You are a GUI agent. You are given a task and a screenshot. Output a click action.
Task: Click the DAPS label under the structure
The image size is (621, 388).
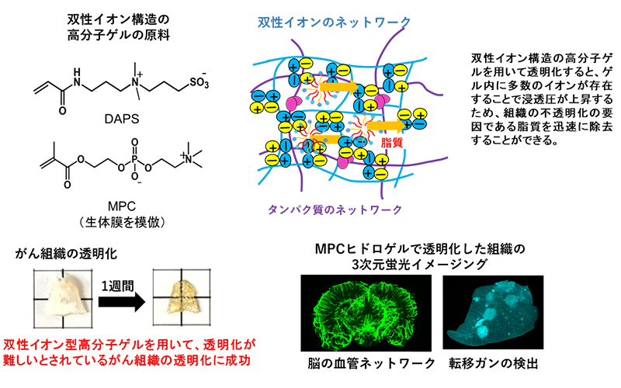click(122, 119)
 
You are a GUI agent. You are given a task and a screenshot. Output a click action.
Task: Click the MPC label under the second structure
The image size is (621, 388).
click(122, 206)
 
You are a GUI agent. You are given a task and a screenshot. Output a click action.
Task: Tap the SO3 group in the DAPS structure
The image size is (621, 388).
click(199, 82)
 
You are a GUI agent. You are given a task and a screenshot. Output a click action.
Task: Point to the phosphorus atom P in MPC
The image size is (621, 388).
click(134, 159)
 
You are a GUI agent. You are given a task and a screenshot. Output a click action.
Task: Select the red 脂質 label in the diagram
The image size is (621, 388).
click(391, 143)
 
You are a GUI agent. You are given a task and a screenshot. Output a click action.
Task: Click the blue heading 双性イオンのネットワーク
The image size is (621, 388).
click(335, 23)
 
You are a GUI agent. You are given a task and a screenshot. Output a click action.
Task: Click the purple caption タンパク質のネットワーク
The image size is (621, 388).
click(335, 210)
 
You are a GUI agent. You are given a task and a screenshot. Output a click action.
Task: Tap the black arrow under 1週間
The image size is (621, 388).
click(122, 302)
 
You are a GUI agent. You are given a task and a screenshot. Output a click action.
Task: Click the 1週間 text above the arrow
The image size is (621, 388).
click(118, 285)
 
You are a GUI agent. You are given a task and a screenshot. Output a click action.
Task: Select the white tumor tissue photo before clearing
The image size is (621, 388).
click(63, 299)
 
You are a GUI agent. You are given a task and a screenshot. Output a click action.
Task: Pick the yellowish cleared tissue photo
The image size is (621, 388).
click(182, 298)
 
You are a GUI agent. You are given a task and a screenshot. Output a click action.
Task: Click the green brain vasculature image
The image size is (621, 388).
click(366, 314)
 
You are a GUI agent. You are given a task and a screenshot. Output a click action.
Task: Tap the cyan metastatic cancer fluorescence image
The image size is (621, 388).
click(493, 313)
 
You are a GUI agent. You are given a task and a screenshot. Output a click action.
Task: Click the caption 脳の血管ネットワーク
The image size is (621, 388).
click(372, 363)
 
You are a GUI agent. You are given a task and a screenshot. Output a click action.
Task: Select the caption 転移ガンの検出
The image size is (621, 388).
click(494, 363)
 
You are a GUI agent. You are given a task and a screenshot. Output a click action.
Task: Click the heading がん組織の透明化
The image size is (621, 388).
click(66, 254)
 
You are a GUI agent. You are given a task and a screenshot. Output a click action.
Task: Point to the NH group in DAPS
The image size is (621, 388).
click(76, 77)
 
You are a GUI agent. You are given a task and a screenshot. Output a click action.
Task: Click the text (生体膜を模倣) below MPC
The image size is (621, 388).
click(122, 222)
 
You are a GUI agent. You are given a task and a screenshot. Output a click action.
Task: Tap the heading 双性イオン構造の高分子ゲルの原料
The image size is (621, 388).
click(118, 27)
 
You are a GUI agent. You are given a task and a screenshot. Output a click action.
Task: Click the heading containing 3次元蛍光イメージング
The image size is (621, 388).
click(420, 256)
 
